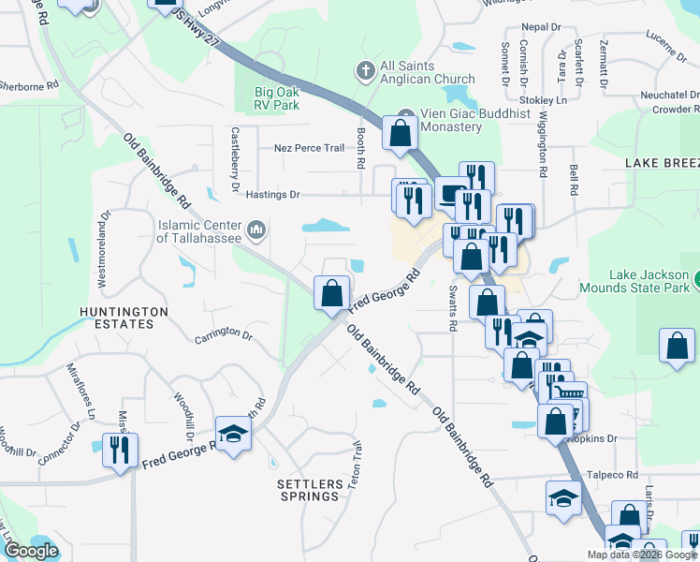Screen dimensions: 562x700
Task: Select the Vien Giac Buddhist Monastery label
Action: click(x=448, y=120)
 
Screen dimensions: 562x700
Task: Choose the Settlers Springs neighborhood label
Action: click(x=308, y=490)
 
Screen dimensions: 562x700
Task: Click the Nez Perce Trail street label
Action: click(x=309, y=148)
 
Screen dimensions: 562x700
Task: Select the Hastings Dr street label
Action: click(x=272, y=195)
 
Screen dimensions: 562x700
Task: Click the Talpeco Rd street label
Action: click(x=612, y=475)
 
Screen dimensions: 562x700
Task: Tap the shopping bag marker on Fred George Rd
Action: click(x=331, y=294)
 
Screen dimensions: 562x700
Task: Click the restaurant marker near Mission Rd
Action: click(x=120, y=451)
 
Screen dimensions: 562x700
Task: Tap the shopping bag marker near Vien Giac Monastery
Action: click(x=400, y=134)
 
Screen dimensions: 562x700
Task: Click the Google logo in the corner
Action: click(x=30, y=551)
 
